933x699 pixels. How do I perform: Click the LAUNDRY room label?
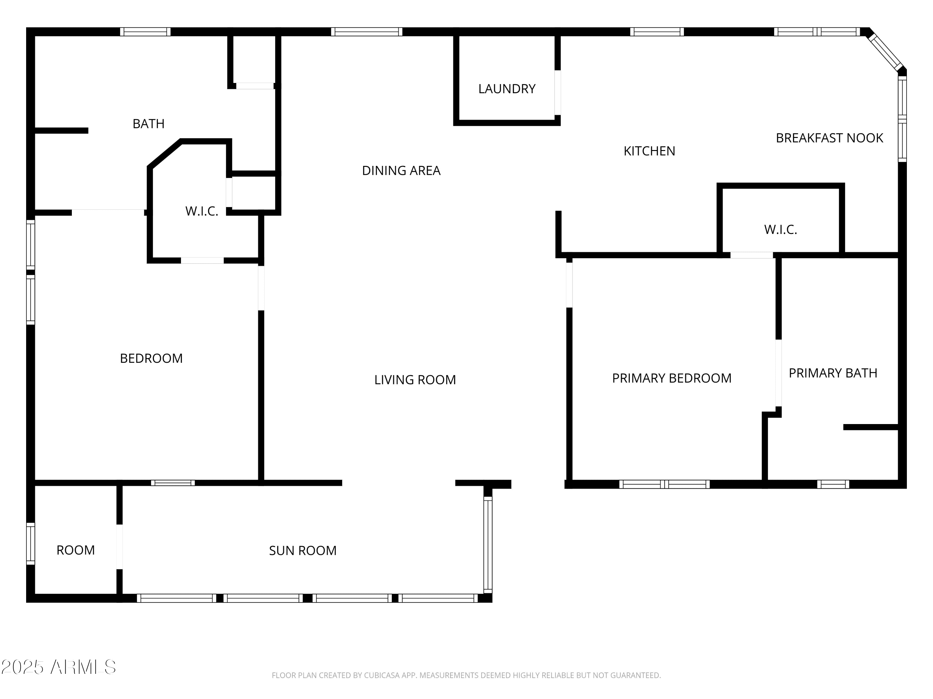tap(507, 89)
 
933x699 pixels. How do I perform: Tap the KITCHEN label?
tap(649, 151)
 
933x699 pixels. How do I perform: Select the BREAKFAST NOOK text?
tap(829, 138)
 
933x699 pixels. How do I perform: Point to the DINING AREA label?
tap(401, 171)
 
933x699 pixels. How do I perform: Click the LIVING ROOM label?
tap(415, 380)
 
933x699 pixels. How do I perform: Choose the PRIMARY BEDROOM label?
tap(671, 378)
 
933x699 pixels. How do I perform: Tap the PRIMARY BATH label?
tap(833, 373)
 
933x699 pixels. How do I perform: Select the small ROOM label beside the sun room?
tap(76, 550)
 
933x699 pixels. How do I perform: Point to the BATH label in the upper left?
tap(148, 124)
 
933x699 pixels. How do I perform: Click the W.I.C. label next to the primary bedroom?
tap(780, 230)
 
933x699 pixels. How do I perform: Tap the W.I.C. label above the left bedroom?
tap(202, 211)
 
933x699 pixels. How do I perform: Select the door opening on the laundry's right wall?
tap(558, 92)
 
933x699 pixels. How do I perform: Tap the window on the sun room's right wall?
tap(488, 545)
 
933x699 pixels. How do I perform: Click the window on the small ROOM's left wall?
tap(30, 544)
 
